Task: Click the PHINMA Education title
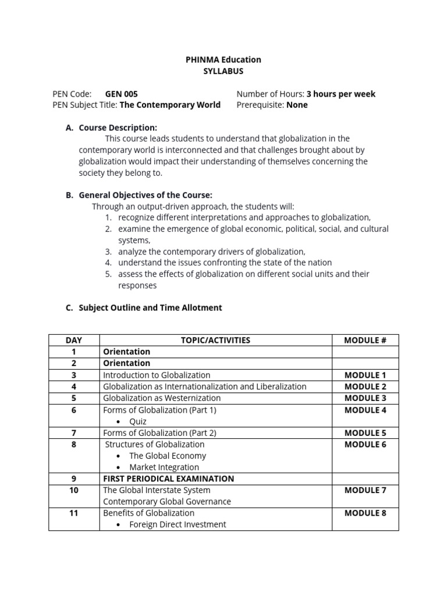pyautogui.click(x=223, y=59)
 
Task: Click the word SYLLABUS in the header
pyautogui.click(x=223, y=71)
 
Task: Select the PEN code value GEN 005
pyautogui.click(x=121, y=94)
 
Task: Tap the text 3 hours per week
pyautogui.click(x=340, y=94)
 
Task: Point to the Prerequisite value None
pyautogui.click(x=297, y=105)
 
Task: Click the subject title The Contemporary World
pyautogui.click(x=170, y=105)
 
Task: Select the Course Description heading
pyautogui.click(x=118, y=127)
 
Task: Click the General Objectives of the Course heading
pyautogui.click(x=146, y=195)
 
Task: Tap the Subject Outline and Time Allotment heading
pyautogui.click(x=150, y=307)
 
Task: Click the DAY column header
pyautogui.click(x=74, y=340)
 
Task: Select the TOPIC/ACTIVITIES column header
pyautogui.click(x=215, y=340)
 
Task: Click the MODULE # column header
pyautogui.click(x=365, y=340)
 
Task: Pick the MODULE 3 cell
pyautogui.click(x=365, y=398)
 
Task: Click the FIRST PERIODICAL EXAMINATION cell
pyautogui.click(x=168, y=478)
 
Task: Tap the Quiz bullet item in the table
pyautogui.click(x=138, y=421)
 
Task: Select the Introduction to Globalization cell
pyautogui.click(x=157, y=375)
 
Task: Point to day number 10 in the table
pyautogui.click(x=74, y=490)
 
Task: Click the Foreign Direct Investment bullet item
pyautogui.click(x=178, y=524)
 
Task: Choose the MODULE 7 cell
pyautogui.click(x=365, y=490)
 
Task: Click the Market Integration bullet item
pyautogui.click(x=164, y=467)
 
